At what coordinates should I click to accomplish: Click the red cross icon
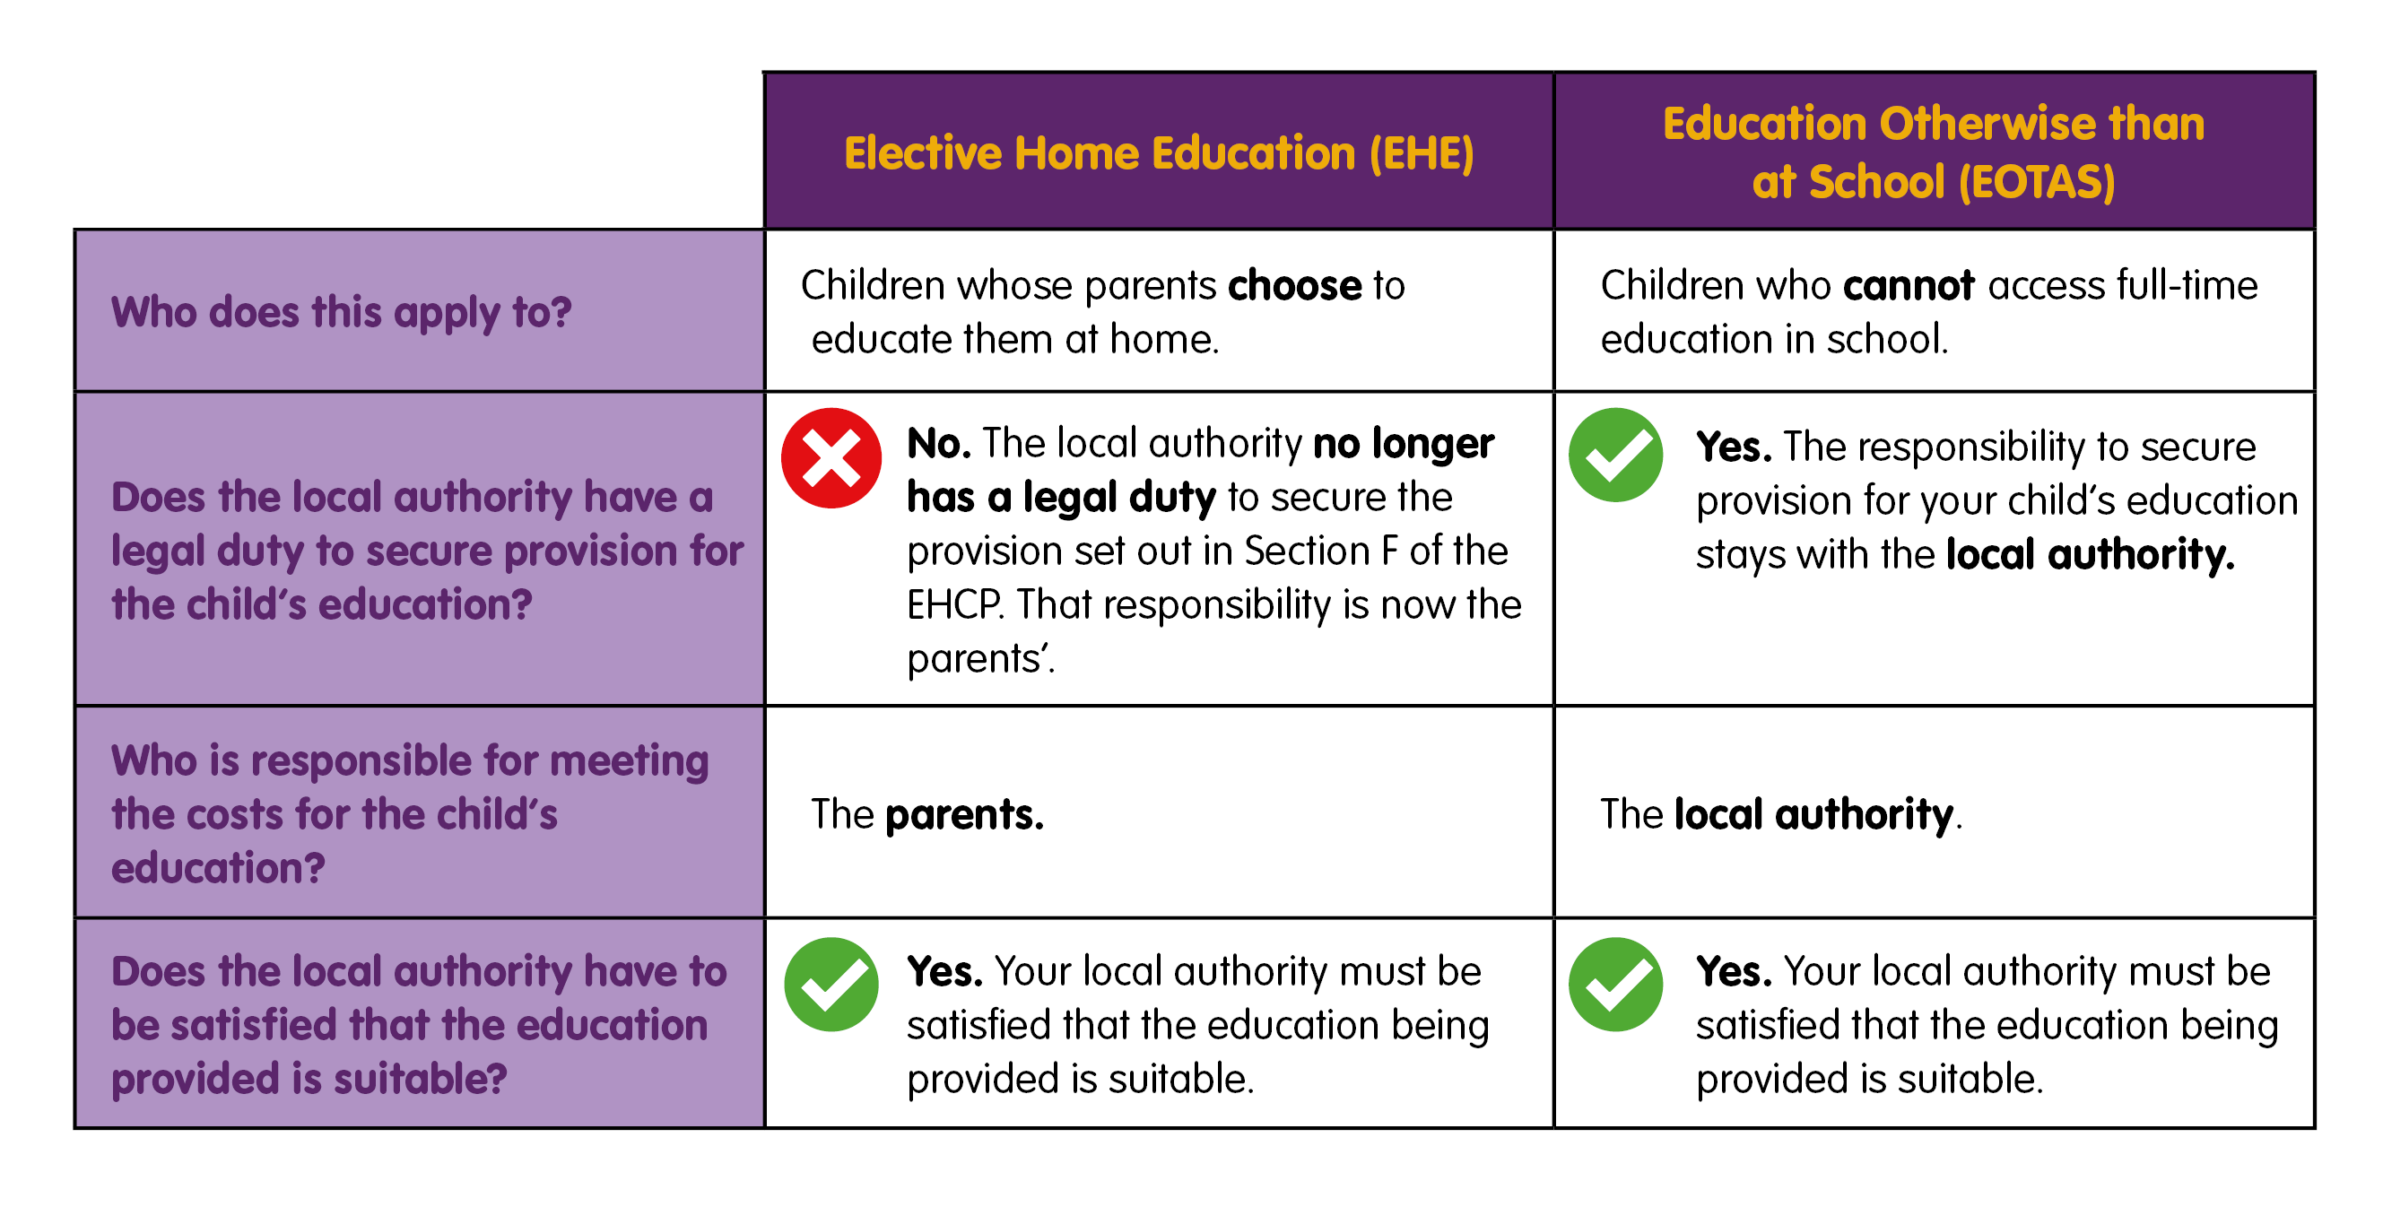(831, 458)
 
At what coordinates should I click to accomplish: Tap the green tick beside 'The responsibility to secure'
(1615, 455)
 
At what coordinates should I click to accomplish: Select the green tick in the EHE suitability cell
(831, 984)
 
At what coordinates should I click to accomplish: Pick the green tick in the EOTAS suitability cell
(1615, 984)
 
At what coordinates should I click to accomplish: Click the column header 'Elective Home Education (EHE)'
(1158, 152)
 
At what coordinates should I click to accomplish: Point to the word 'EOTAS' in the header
(2035, 181)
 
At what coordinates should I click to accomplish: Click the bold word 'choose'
(1294, 286)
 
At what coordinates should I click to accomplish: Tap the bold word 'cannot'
(1908, 286)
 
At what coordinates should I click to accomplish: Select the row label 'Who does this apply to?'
(342, 312)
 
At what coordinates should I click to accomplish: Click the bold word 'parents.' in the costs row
(964, 815)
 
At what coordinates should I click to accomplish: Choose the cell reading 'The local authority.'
(1781, 815)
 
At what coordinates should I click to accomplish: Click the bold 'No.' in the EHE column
(938, 444)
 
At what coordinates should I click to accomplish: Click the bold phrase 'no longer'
(1404, 444)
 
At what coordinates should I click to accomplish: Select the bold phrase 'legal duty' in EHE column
(1119, 498)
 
